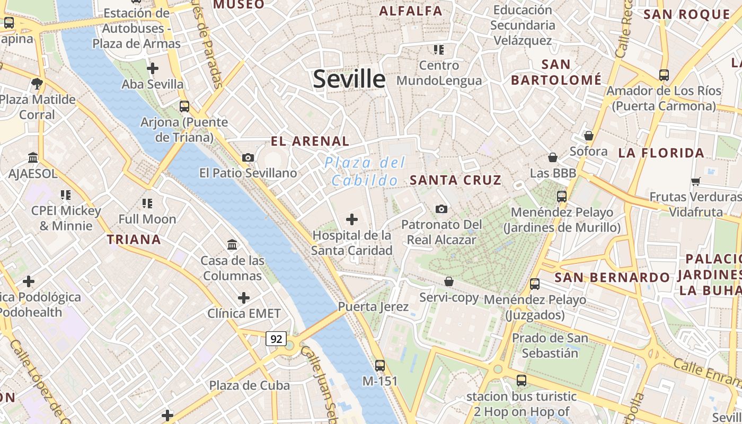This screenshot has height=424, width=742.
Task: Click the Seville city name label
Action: click(x=349, y=79)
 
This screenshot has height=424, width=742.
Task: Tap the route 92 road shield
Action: click(x=276, y=339)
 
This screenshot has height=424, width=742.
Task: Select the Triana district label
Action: click(x=134, y=240)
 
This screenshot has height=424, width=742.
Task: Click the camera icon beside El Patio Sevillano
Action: click(x=248, y=157)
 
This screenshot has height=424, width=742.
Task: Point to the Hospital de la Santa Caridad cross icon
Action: click(x=351, y=219)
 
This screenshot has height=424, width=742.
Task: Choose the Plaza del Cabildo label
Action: click(x=365, y=171)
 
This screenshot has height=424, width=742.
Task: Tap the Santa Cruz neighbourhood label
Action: click(x=456, y=180)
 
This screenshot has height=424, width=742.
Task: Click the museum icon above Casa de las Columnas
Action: click(x=232, y=244)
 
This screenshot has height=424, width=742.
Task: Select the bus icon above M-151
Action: click(x=379, y=365)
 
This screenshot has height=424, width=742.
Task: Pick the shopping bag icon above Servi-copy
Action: click(x=449, y=281)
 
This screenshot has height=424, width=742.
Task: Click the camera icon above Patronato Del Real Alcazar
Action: click(x=441, y=209)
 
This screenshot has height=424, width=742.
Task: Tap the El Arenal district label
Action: click(x=310, y=142)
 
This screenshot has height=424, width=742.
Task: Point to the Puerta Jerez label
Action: click(x=373, y=306)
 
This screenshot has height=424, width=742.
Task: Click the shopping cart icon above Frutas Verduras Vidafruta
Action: click(x=696, y=181)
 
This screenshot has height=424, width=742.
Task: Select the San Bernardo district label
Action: click(x=612, y=277)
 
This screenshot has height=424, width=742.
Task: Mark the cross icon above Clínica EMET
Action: click(x=243, y=298)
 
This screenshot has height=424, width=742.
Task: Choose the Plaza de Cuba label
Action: click(x=249, y=385)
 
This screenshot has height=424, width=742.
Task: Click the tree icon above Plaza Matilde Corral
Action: click(x=37, y=83)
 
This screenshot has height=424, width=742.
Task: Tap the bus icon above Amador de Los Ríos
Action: click(x=664, y=75)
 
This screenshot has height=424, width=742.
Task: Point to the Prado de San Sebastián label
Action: click(x=550, y=345)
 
